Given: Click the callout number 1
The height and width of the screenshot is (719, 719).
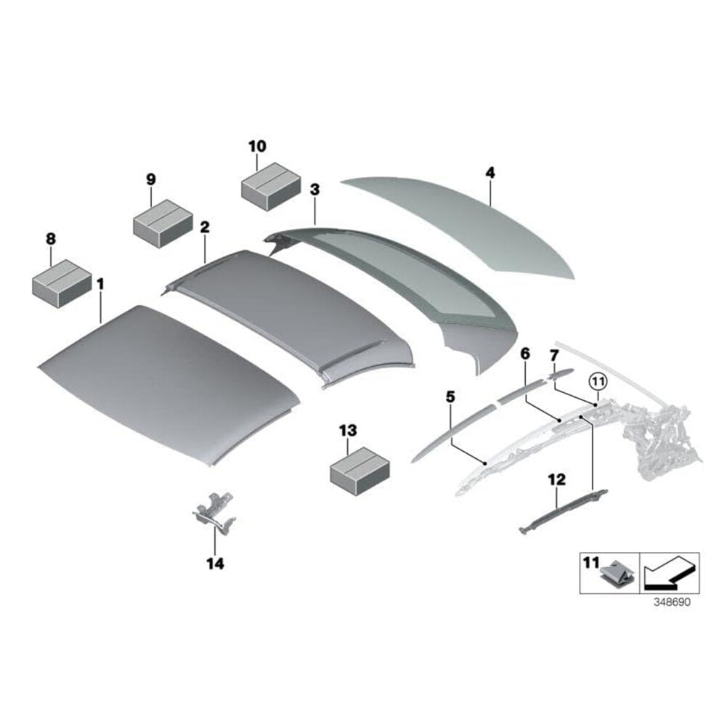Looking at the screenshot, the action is [x=100, y=284].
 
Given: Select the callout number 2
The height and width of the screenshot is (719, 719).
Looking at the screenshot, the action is [x=205, y=227].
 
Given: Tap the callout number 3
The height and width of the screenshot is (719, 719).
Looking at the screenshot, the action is [x=314, y=190].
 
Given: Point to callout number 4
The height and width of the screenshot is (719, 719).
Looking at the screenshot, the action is [x=490, y=173].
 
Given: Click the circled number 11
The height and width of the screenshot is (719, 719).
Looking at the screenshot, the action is [x=598, y=381].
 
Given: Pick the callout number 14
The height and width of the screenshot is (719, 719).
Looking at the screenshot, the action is [x=215, y=564].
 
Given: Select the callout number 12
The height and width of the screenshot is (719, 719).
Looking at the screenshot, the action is [x=556, y=479].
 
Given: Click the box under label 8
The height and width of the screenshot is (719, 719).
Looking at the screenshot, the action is [x=62, y=284].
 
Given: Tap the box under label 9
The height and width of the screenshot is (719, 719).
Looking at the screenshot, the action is [x=163, y=223].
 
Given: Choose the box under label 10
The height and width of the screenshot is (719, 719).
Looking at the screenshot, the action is [x=271, y=187].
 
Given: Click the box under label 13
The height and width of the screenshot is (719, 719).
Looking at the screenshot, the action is [x=360, y=471].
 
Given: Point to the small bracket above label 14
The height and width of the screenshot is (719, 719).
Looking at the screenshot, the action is [x=214, y=513].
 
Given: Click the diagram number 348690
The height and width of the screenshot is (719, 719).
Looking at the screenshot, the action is [x=671, y=601].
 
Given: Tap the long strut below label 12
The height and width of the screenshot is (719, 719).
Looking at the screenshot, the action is [x=563, y=510].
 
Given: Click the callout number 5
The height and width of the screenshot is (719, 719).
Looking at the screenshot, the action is [x=450, y=397].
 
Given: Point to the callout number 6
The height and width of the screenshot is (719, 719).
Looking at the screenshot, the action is [x=525, y=354].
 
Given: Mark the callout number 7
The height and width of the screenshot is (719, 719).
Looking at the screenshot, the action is [x=554, y=355].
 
